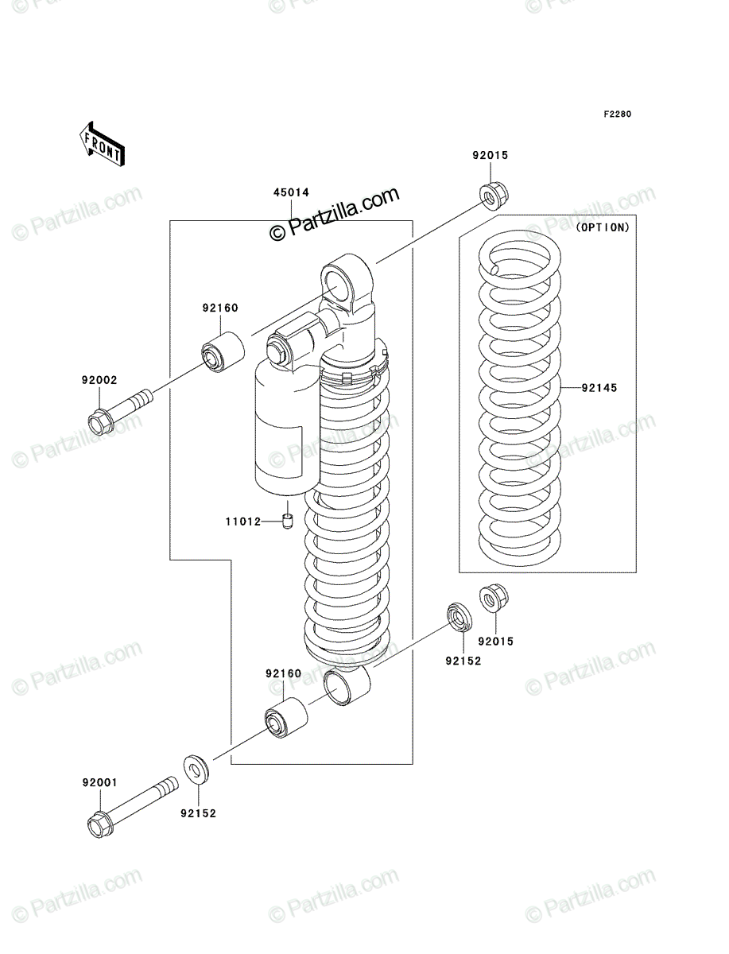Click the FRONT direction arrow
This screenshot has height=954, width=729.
click(102, 143)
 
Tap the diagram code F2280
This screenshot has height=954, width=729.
click(618, 114)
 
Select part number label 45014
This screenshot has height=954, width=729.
click(291, 192)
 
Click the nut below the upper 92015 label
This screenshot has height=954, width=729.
click(494, 196)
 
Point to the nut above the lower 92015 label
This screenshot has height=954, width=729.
click(494, 599)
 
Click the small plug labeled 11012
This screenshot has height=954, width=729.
click(287, 521)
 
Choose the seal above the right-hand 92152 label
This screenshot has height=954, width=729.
click(460, 617)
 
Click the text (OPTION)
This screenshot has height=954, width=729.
click(603, 227)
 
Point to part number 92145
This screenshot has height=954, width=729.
click(599, 388)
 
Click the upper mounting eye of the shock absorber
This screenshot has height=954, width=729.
click(347, 285)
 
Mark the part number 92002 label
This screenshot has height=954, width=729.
click(99, 380)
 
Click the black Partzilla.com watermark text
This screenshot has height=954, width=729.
click(335, 215)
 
